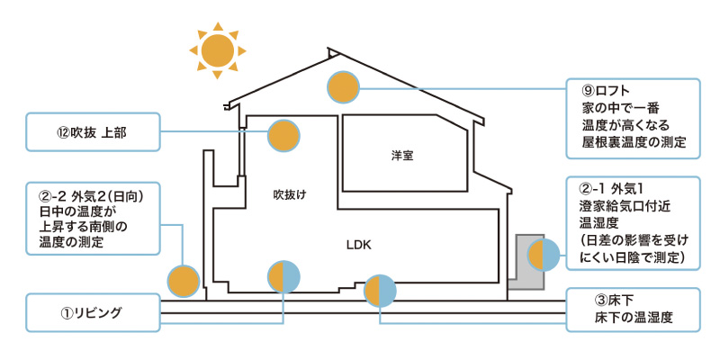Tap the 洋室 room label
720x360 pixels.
[x=402, y=155]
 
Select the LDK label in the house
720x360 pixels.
[x=358, y=245]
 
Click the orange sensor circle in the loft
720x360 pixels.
[x=343, y=87]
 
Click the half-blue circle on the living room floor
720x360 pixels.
[x=284, y=276]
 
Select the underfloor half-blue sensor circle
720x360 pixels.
[x=380, y=290]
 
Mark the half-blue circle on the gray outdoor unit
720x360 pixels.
[x=544, y=256]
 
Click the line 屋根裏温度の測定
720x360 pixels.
[x=634, y=142]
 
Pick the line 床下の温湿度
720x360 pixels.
[x=634, y=318]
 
